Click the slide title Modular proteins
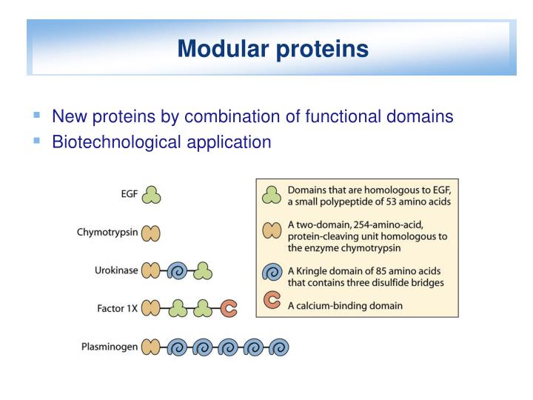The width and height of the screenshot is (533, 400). tap(273, 49)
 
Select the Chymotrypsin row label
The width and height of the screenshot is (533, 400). tap(107, 233)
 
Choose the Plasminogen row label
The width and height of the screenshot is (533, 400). tap(110, 346)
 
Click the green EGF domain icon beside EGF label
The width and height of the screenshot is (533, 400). tap(152, 195)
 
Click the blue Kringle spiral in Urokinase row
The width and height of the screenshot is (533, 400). tap(178, 271)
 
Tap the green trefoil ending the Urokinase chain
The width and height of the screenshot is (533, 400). tap(203, 271)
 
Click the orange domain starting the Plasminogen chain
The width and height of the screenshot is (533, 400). tap(152, 347)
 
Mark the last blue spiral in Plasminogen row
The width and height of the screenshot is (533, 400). tap(279, 347)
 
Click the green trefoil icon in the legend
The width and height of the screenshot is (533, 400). tap(272, 196)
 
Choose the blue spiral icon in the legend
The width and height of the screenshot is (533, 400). tap(272, 271)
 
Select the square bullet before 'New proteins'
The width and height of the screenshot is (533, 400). tap(36, 116)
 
